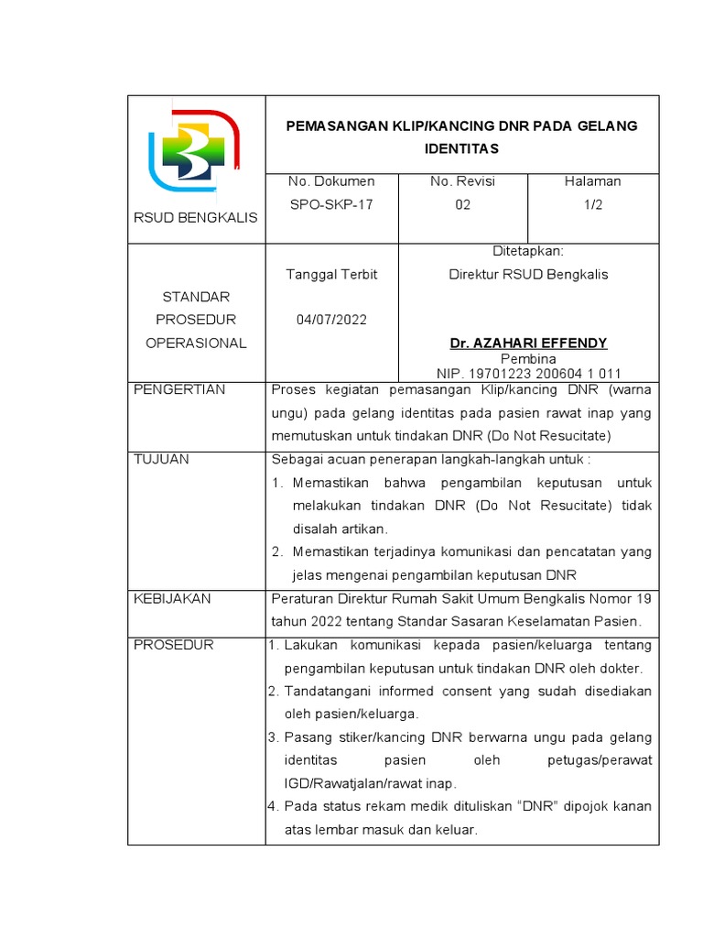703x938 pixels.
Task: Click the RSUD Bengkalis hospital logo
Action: [194, 150]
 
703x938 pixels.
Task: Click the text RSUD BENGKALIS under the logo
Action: [196, 217]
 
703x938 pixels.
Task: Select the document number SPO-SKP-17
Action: [330, 204]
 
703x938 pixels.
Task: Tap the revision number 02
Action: [462, 204]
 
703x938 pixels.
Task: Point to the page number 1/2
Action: [593, 204]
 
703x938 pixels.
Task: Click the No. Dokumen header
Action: [330, 181]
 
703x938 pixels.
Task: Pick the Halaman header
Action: [593, 181]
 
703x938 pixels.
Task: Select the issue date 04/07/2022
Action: [330, 320]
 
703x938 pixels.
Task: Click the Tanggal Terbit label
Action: [331, 274]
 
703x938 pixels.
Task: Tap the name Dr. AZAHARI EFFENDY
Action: [528, 343]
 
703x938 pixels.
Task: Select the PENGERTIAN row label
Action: [179, 389]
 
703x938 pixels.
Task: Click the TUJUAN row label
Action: [161, 459]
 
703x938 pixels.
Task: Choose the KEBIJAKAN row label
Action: [172, 598]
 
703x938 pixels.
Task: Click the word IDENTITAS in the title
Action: [461, 147]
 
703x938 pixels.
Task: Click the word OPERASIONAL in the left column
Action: [196, 343]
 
